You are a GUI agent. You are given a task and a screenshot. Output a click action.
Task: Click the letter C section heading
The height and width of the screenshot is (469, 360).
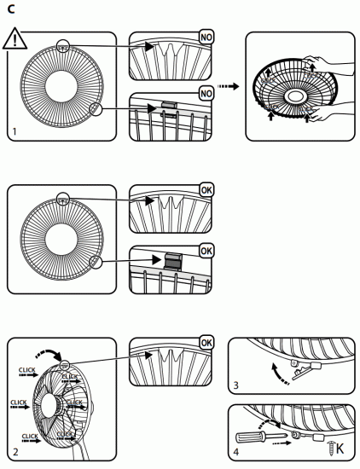[x=9, y=9]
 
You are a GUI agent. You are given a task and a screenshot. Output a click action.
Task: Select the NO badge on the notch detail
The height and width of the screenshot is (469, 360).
[x=206, y=38]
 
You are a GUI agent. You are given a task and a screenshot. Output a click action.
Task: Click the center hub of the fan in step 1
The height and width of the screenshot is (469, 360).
[x=61, y=86]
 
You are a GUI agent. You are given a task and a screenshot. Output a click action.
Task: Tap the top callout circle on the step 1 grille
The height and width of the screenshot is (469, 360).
[x=62, y=47]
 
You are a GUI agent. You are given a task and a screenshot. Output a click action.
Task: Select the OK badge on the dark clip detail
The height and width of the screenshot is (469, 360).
[x=206, y=251]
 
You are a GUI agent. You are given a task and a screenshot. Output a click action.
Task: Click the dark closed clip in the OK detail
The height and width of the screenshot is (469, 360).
[x=173, y=258]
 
